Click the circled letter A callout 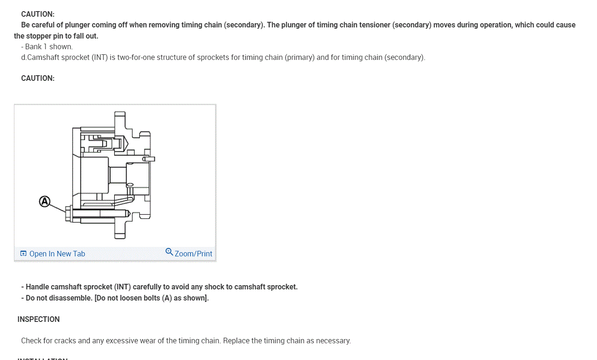[44, 202]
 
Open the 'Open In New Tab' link [57, 254]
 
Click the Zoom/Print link [193, 254]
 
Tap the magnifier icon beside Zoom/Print [169, 252]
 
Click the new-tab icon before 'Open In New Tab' [23, 254]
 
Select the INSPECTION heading [39, 319]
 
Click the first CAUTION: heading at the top [38, 14]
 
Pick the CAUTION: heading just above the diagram [38, 78]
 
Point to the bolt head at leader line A [69, 213]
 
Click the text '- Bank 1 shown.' [47, 46]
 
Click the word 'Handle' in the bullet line [37, 287]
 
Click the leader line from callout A [57, 207]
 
